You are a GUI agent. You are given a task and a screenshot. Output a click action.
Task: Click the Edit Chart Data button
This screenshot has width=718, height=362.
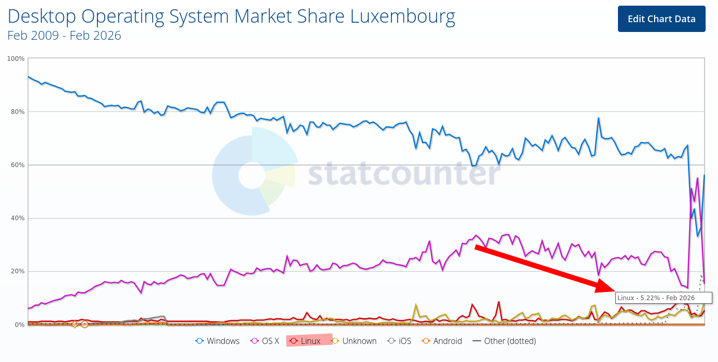(x=661, y=19)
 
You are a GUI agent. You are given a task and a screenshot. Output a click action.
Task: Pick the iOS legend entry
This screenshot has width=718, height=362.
(x=400, y=341)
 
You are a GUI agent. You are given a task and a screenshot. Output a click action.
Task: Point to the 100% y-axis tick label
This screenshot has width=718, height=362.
(x=16, y=59)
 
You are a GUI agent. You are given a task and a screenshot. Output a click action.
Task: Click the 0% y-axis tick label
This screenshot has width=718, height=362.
(x=19, y=324)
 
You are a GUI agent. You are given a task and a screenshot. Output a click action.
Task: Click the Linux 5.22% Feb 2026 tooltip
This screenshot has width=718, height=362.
(x=663, y=298)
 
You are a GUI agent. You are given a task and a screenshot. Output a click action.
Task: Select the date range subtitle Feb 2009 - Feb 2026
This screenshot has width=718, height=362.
(x=64, y=35)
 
